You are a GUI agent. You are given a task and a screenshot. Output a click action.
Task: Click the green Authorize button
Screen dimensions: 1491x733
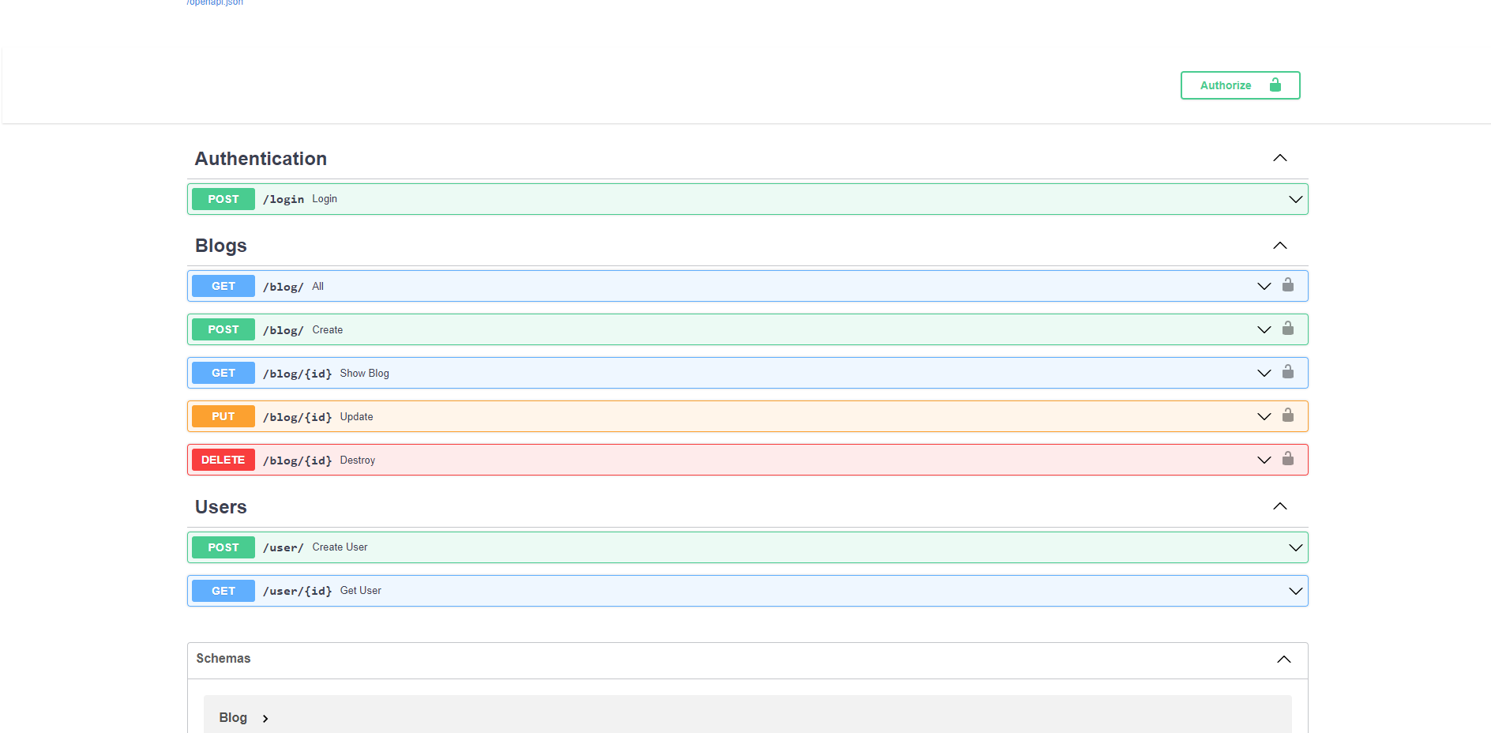coord(1240,85)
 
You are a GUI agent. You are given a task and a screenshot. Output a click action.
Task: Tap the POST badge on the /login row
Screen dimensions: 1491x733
coord(223,199)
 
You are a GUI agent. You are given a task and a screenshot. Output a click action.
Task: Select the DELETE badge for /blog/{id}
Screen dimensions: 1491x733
coord(223,460)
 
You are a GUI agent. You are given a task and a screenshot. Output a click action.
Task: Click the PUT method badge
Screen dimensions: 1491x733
coord(223,416)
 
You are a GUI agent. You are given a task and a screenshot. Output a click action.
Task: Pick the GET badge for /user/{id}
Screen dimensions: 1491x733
coord(223,591)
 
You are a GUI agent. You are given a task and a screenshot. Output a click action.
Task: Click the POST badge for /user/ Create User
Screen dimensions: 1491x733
coord(223,547)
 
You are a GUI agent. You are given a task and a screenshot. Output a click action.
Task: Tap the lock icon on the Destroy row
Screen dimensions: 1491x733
coord(1288,458)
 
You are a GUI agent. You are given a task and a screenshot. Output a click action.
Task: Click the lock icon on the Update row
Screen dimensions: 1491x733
coord(1288,415)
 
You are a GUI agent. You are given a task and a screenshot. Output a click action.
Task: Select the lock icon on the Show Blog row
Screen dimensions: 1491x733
coord(1288,371)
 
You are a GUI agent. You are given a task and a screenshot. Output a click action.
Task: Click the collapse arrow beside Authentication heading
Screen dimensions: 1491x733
coord(1280,158)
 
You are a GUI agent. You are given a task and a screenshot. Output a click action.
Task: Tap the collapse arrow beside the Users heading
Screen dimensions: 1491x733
coord(1280,506)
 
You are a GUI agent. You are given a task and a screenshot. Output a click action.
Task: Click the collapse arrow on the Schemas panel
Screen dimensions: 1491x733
coord(1284,660)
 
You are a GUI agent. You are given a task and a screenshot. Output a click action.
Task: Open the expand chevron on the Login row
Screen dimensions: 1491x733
coord(1296,199)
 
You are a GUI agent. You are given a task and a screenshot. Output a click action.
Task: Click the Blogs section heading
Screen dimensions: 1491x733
coord(221,246)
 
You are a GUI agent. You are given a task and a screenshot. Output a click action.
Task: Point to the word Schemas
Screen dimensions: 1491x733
coord(223,658)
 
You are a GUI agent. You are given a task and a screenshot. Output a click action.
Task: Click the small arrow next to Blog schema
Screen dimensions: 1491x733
coord(265,719)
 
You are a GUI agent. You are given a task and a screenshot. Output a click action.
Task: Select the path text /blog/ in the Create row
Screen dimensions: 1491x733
coord(284,330)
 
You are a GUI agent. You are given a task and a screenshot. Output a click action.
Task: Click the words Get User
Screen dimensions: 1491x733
coord(361,591)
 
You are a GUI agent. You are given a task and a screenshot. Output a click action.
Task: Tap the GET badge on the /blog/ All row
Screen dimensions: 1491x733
coord(223,286)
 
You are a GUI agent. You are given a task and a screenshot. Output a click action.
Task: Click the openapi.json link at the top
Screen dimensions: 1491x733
coord(215,2)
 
